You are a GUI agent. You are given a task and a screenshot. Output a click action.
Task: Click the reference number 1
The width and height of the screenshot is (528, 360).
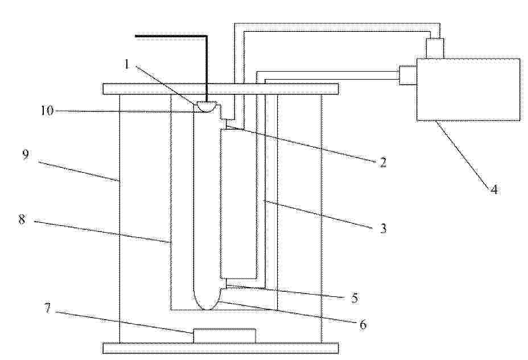(x=127, y=64)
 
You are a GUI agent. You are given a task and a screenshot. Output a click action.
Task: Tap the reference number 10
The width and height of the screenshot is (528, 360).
(x=47, y=110)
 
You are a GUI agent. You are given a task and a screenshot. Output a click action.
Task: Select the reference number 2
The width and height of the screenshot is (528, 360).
(x=383, y=162)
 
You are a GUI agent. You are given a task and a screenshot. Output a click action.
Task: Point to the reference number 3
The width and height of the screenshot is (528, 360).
(x=383, y=229)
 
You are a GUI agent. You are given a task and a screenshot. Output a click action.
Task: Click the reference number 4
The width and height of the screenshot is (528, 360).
(x=494, y=189)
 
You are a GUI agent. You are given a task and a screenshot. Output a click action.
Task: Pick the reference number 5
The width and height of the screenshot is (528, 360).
(x=354, y=298)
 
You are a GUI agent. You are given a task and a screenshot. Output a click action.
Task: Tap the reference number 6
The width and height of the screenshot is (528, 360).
(x=362, y=325)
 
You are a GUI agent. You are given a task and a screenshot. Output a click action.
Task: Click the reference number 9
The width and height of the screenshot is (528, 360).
(x=25, y=155)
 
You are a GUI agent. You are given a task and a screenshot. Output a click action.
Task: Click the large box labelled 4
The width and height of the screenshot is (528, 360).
(x=468, y=89)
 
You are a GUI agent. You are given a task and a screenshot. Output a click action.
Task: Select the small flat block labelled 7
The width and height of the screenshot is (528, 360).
(x=224, y=336)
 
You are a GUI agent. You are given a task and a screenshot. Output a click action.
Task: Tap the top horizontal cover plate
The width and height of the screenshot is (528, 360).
(x=221, y=89)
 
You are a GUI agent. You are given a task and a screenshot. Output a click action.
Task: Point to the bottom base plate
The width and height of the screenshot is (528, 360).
(x=221, y=348)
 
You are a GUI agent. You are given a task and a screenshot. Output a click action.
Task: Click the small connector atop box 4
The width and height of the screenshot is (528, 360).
(x=435, y=48)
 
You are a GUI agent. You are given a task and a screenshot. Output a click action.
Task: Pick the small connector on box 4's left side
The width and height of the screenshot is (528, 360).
(x=408, y=75)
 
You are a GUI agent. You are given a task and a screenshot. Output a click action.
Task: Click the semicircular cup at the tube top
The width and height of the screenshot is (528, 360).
(x=206, y=106)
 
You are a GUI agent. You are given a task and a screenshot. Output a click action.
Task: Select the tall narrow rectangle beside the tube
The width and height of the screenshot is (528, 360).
(x=238, y=204)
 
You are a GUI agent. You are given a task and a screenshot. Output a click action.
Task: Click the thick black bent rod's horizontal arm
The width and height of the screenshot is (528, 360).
(x=171, y=36)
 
